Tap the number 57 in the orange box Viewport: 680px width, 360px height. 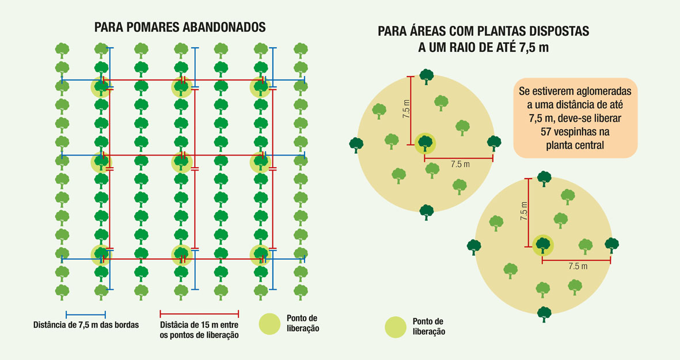(546, 131)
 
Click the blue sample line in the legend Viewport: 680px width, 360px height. (86, 314)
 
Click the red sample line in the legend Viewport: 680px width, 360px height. (199, 313)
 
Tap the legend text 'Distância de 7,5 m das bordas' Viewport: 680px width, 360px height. (86, 325)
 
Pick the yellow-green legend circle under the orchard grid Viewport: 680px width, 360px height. (269, 324)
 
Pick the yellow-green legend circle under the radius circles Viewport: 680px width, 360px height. (396, 327)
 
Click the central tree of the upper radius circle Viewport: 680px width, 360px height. (426, 143)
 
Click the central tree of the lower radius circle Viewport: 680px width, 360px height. (543, 245)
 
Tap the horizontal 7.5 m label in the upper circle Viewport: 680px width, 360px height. (460, 164)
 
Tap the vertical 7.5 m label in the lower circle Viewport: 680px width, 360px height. (524, 211)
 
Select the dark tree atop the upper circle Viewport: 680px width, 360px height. (427, 77)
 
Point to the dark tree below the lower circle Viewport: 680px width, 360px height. (544, 314)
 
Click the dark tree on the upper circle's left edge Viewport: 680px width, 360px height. (356, 145)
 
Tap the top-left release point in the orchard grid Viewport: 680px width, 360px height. (101, 87)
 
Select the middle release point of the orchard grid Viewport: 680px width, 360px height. (181, 162)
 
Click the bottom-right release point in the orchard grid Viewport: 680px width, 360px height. (261, 255)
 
